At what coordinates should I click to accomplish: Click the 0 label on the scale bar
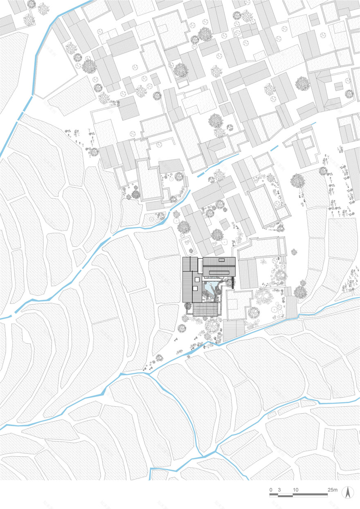[x=271, y=490]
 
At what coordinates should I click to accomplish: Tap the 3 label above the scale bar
[x=279, y=490]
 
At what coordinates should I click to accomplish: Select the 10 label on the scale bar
[x=295, y=490]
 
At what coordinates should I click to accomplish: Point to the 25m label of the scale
[x=332, y=490]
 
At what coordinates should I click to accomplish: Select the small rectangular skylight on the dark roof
[x=221, y=259]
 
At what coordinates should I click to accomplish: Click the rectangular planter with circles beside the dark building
[x=189, y=245]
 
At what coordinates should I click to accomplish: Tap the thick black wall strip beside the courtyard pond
[x=232, y=282]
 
